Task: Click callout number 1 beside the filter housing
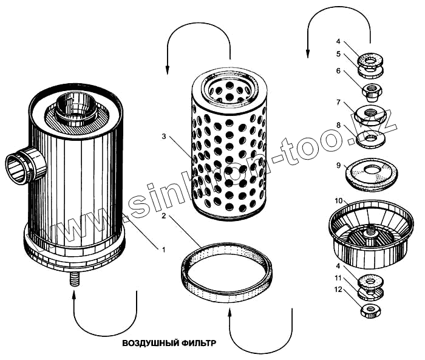[163, 248]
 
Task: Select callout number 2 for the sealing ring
[165, 216]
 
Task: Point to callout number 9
[338, 164]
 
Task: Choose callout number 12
[339, 290]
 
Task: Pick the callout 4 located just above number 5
[338, 42]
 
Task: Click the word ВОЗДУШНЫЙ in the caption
[149, 343]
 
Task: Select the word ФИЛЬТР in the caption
[198, 343]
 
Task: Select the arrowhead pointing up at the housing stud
[75, 296]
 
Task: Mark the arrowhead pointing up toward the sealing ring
[230, 313]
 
